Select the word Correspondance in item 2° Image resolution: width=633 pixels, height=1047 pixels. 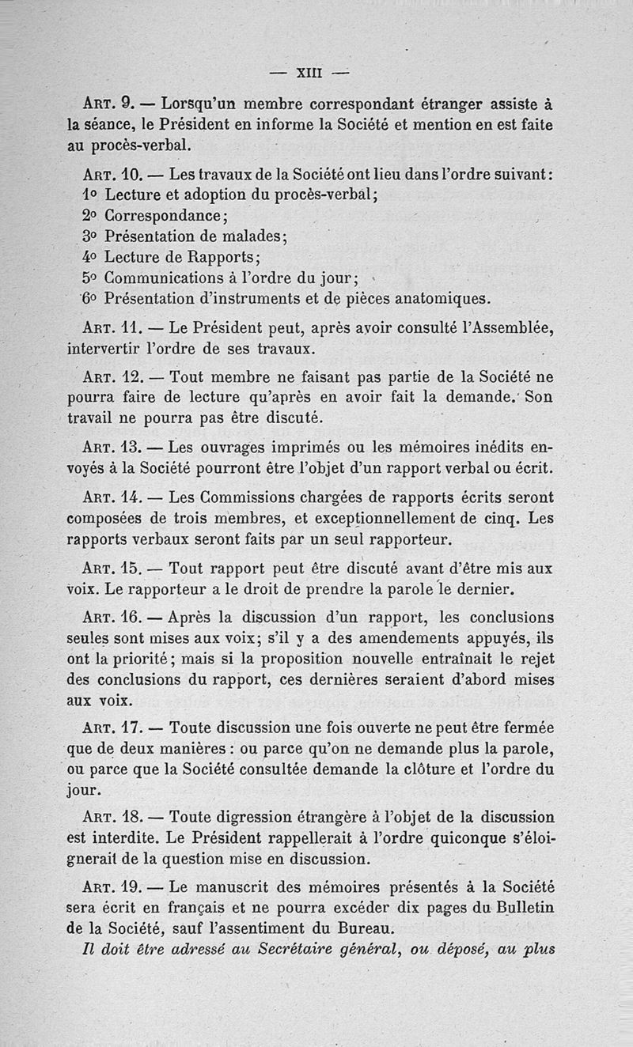tap(166, 215)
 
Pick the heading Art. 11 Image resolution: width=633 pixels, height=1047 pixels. tap(110, 327)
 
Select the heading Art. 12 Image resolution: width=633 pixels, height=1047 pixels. tap(110, 378)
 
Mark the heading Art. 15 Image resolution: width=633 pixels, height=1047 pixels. tap(110, 569)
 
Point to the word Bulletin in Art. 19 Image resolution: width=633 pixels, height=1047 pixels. tap(517, 908)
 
